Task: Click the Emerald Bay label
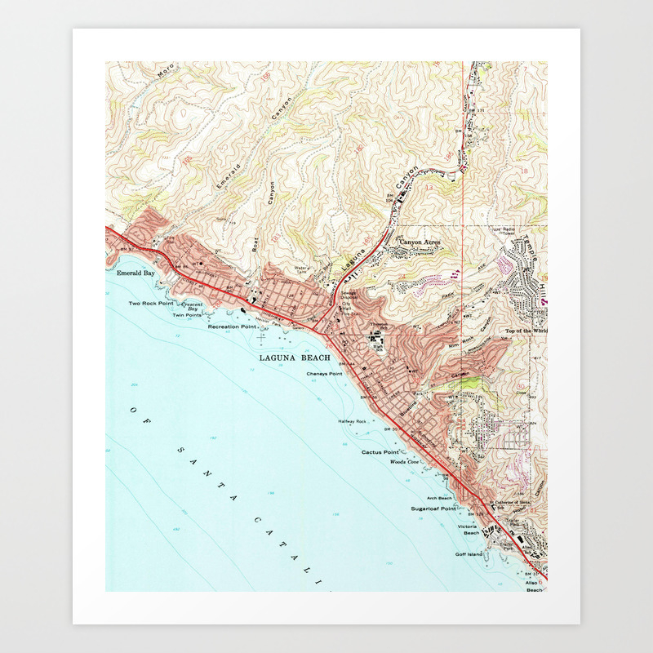pyautogui.click(x=135, y=273)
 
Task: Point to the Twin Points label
pyautogui.click(x=187, y=315)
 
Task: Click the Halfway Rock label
pyautogui.click(x=353, y=421)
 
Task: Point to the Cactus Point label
pyautogui.click(x=381, y=452)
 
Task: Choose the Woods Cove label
pyautogui.click(x=404, y=462)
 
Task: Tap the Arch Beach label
pyautogui.click(x=439, y=497)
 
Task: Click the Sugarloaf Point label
pyautogui.click(x=433, y=508)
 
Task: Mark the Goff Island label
pyautogui.click(x=469, y=554)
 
